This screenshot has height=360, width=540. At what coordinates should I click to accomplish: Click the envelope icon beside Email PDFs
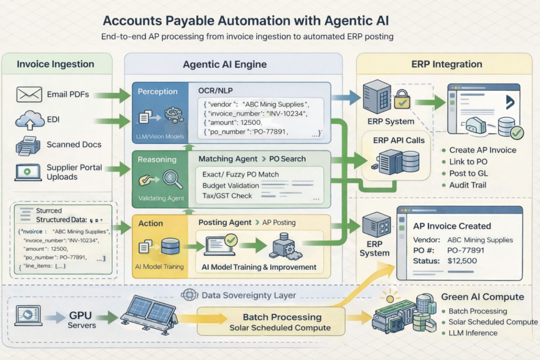point(29,95)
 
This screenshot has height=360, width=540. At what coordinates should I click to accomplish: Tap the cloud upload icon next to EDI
point(30,120)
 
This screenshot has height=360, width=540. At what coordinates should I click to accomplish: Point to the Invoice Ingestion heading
point(55,64)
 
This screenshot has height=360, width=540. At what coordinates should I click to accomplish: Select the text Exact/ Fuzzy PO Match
point(240,174)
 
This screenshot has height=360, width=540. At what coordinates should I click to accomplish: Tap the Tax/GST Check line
point(227,196)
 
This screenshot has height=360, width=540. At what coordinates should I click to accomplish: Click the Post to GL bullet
point(468,173)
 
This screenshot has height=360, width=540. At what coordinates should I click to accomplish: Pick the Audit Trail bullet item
point(468,185)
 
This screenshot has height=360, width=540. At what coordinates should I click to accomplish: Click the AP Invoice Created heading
point(452,226)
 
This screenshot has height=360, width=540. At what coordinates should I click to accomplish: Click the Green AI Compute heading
point(482,297)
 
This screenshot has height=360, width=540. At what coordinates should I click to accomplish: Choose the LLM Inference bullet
point(472,333)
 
